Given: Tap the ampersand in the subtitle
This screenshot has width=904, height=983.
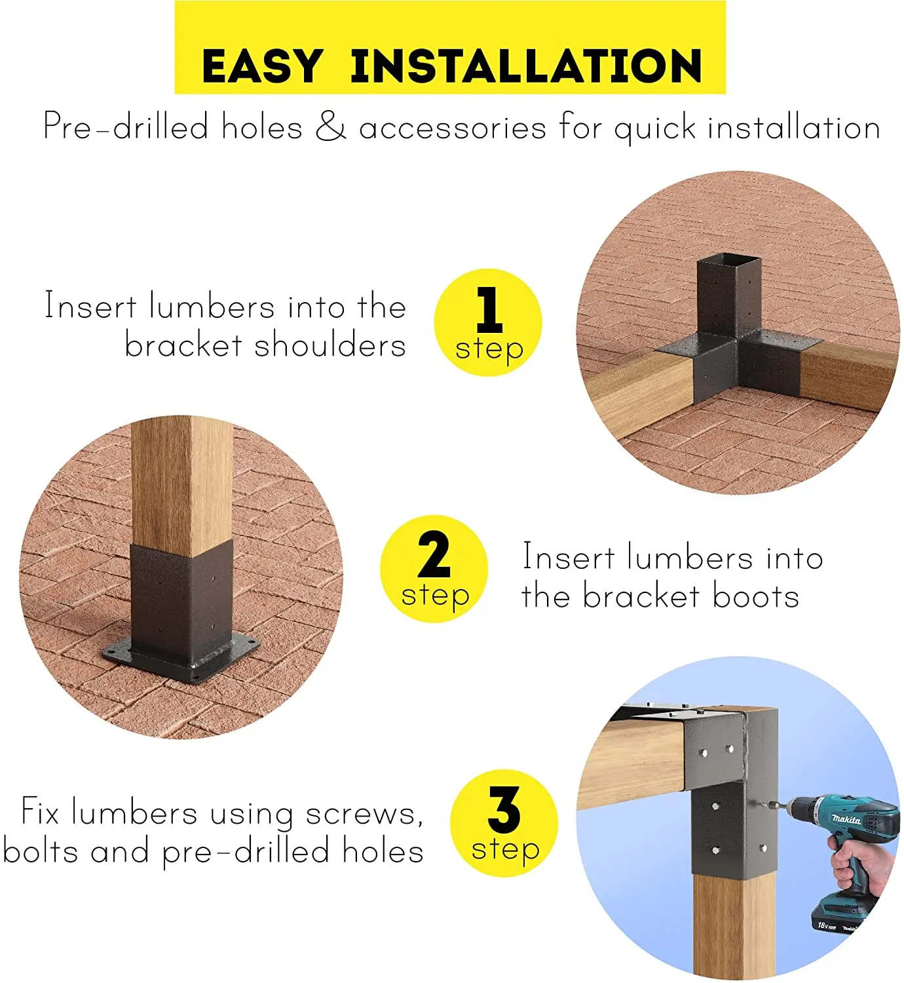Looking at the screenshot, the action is point(331,127).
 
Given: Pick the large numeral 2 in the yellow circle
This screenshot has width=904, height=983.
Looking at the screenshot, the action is point(434,554).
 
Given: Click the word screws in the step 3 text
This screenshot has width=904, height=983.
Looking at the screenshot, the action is point(364,815).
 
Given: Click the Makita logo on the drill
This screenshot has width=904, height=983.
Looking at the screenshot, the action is point(846,819).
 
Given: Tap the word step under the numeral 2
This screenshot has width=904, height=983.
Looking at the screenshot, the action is point(435,596).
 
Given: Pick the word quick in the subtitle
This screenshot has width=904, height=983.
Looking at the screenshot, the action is point(654,128).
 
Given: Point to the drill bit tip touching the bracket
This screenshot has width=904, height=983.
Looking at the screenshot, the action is point(751,803).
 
